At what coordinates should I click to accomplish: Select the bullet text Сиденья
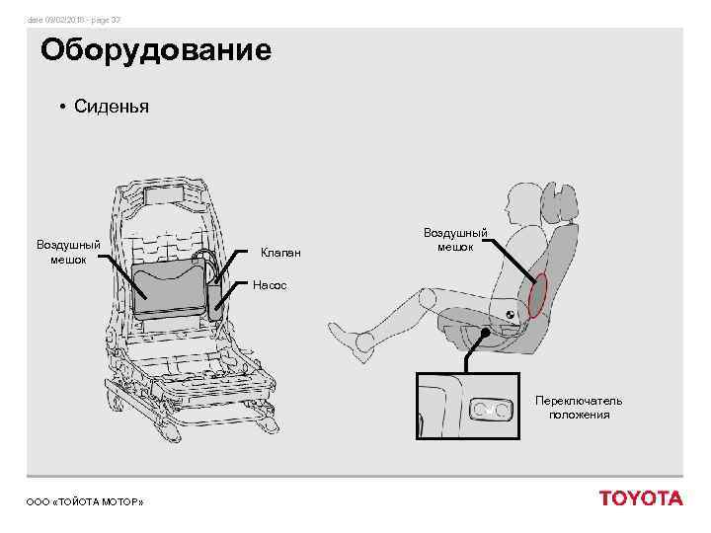(x=111, y=107)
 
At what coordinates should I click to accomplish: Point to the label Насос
(x=270, y=285)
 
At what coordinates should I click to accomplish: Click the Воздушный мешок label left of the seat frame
(x=68, y=252)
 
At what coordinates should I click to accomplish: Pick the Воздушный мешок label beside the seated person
(x=455, y=239)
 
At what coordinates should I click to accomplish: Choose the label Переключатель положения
(x=579, y=408)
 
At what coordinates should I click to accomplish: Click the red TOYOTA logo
(x=640, y=498)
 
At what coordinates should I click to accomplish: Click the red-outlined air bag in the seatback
(x=538, y=295)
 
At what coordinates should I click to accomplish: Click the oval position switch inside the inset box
(x=490, y=406)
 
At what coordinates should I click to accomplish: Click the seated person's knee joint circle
(x=426, y=296)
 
